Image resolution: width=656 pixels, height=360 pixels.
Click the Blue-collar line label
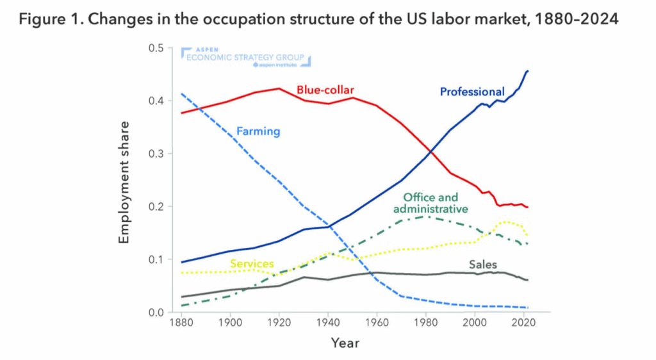(325, 89)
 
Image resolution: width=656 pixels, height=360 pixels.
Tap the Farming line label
(259, 131)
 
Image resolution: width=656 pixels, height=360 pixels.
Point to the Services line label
(252, 264)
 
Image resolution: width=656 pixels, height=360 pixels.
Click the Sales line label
(482, 265)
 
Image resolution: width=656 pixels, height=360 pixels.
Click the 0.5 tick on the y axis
(156, 48)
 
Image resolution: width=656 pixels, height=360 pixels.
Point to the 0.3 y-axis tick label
(156, 154)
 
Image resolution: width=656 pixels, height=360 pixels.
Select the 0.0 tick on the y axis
(156, 312)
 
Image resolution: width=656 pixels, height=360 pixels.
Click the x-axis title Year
(345, 343)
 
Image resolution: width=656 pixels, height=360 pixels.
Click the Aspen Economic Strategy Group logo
(246, 57)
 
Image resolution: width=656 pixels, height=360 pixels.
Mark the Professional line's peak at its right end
(528, 70)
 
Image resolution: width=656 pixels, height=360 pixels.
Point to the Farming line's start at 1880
(181, 94)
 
